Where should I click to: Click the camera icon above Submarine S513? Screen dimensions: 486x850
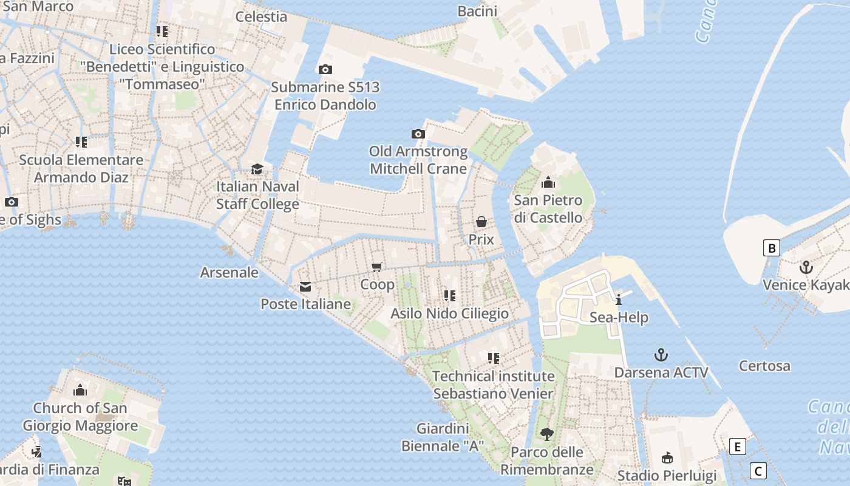click(x=325, y=69)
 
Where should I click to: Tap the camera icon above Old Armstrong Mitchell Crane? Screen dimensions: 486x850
click(x=418, y=134)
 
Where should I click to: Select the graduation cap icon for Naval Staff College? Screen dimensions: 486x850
click(x=257, y=169)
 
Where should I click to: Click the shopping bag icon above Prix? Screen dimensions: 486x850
click(x=481, y=222)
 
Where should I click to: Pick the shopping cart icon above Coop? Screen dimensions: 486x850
click(x=377, y=267)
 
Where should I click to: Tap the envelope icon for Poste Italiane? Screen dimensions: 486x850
click(x=305, y=286)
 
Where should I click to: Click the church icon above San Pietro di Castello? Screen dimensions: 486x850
click(x=548, y=182)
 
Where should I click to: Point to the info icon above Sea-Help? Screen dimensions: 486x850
click(x=619, y=299)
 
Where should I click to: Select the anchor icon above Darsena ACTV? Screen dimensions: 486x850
click(x=661, y=355)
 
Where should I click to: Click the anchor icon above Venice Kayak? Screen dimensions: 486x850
click(x=806, y=267)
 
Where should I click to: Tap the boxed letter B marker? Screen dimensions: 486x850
click(x=771, y=248)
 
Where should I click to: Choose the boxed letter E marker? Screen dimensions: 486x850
click(x=737, y=447)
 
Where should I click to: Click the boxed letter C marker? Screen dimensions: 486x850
click(x=758, y=471)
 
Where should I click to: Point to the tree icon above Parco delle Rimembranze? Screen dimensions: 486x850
click(x=547, y=434)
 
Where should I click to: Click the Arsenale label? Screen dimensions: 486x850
click(x=229, y=272)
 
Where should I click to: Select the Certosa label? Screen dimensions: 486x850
click(x=764, y=366)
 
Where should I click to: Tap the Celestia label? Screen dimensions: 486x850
click(x=261, y=16)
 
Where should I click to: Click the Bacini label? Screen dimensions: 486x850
click(x=477, y=11)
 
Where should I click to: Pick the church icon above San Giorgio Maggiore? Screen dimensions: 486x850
click(x=80, y=390)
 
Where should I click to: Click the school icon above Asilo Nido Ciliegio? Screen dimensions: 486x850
click(x=449, y=296)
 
